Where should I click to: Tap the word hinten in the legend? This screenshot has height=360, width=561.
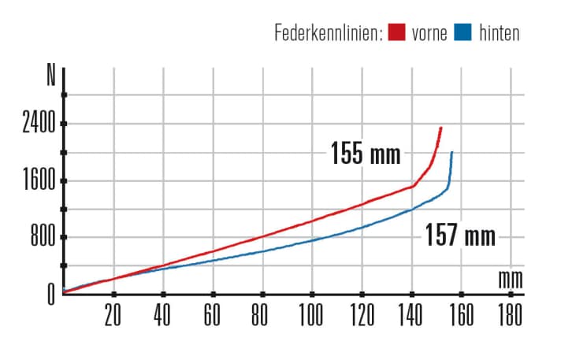point(500,33)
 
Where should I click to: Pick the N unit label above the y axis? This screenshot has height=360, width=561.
point(51,77)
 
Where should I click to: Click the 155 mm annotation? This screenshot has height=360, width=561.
point(366,153)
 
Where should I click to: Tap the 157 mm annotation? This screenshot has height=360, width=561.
point(460,235)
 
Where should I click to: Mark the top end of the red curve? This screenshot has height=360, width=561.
point(441,128)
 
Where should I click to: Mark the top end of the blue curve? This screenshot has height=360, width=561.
point(451,152)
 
